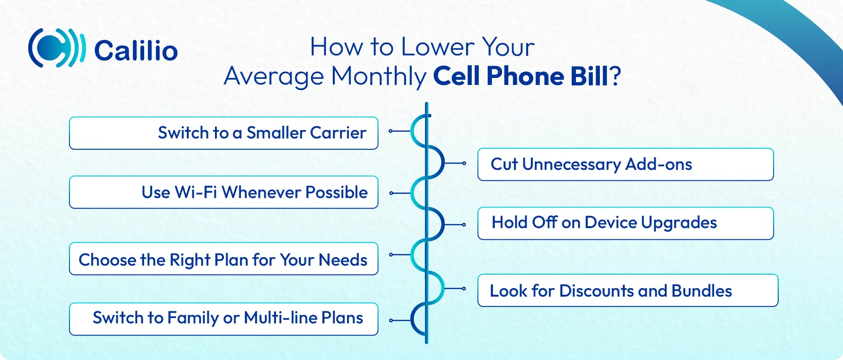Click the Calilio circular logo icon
click(57, 48)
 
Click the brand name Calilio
click(136, 51)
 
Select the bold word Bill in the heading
click(589, 76)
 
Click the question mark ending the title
click(615, 76)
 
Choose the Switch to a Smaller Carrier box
click(223, 133)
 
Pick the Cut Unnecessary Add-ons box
click(626, 164)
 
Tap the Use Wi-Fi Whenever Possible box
click(223, 192)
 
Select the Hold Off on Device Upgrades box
click(626, 223)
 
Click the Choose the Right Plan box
click(223, 259)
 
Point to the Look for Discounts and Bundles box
click(628, 291)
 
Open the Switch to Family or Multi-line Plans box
click(223, 319)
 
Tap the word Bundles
click(702, 291)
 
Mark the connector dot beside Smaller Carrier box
click(391, 131)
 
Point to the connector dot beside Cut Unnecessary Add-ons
click(464, 163)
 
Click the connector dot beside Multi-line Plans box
click(391, 321)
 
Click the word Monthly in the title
click(378, 77)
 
